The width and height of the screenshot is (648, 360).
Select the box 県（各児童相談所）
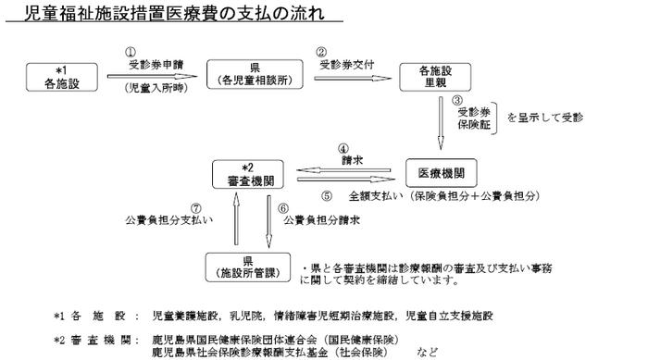(255, 75)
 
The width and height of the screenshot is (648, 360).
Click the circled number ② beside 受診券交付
(322, 53)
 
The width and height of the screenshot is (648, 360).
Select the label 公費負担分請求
(322, 221)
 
